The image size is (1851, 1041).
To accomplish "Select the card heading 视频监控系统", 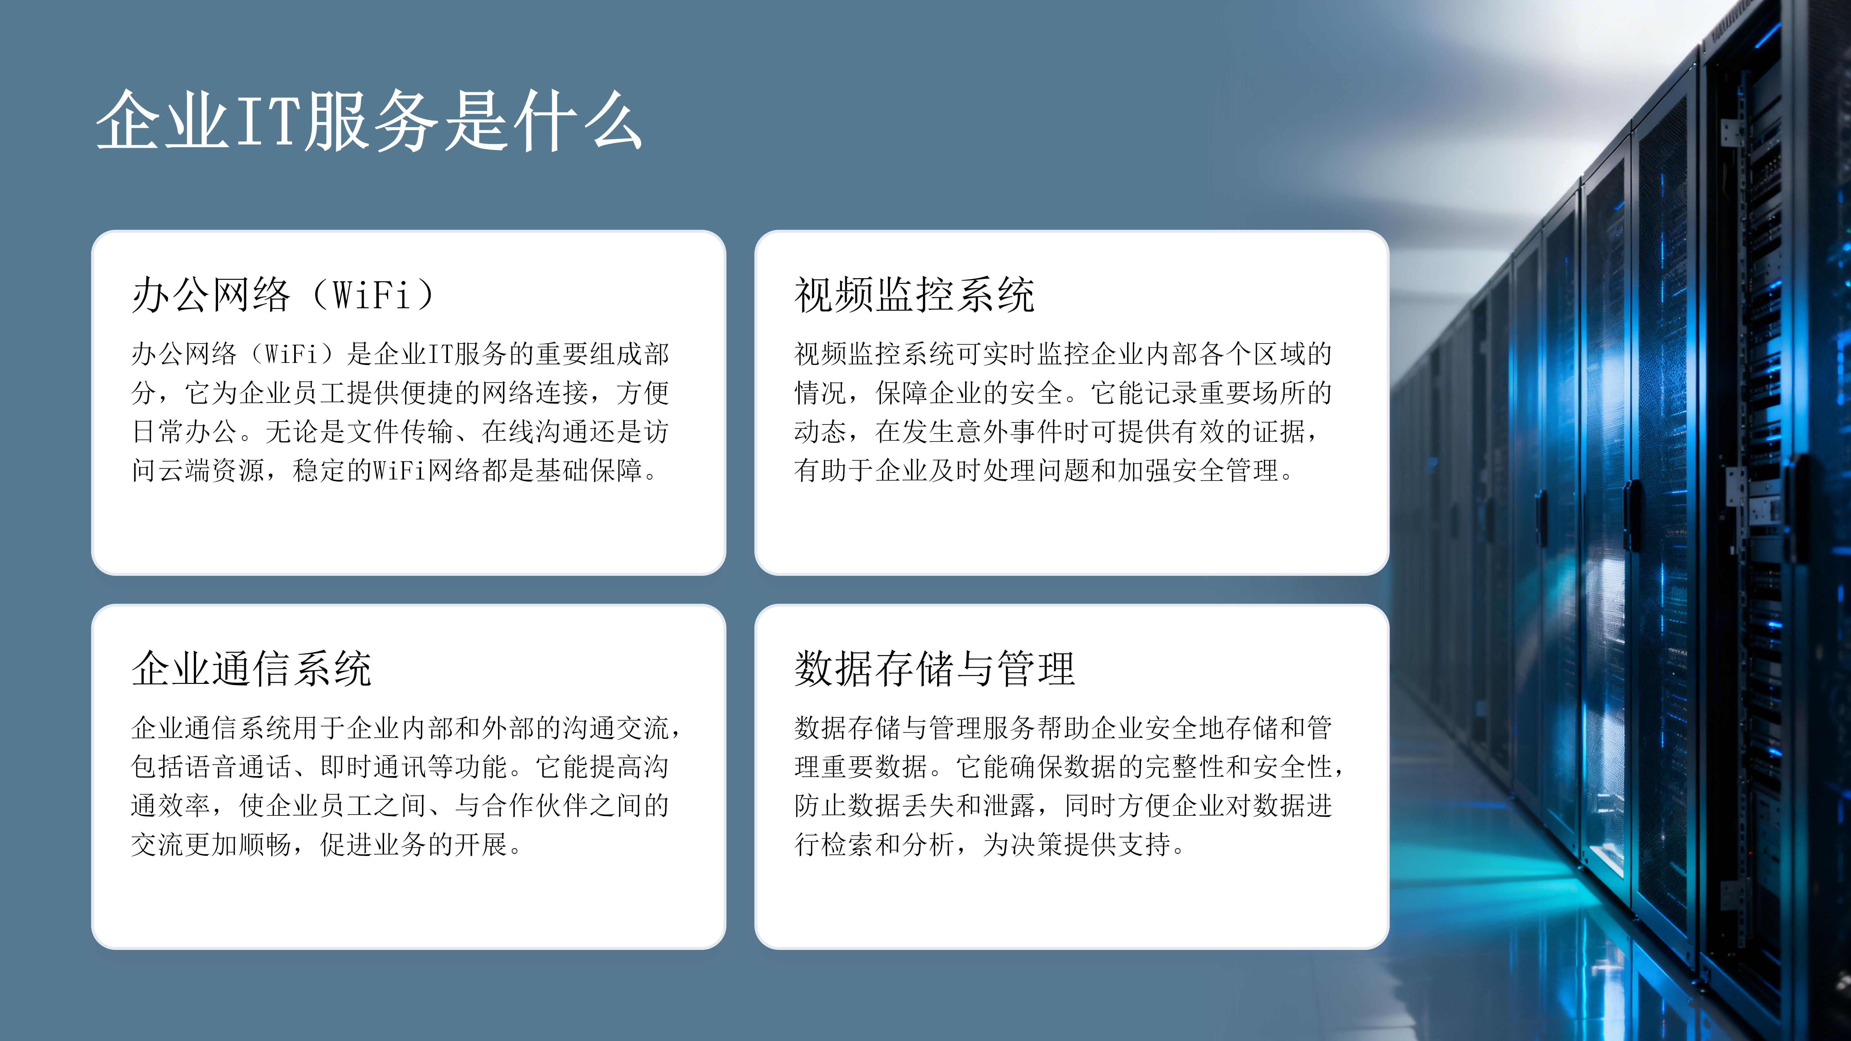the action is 914,295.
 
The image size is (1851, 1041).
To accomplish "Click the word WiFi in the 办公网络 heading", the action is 372,295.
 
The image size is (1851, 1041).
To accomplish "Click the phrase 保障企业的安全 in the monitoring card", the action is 969,393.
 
